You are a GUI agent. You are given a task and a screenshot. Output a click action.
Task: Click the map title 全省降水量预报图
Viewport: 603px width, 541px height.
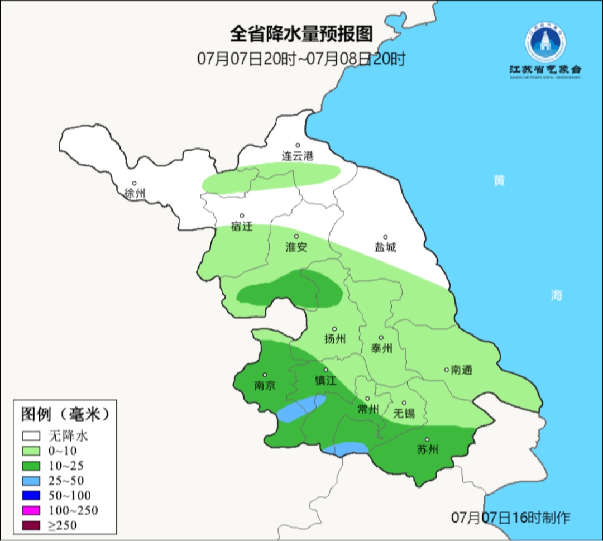click(x=301, y=35)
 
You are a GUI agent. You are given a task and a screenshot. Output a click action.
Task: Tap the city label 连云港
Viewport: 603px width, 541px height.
click(x=297, y=157)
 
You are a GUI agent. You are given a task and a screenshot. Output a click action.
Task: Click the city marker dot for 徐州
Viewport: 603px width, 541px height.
click(x=134, y=183)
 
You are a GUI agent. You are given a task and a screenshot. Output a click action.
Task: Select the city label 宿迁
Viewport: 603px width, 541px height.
click(x=242, y=227)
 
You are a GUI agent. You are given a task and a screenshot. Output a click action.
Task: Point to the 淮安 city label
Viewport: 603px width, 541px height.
click(x=296, y=247)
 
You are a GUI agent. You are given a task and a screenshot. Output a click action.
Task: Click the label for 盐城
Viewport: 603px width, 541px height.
click(x=385, y=247)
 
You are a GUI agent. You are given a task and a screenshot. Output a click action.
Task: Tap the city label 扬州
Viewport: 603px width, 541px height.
click(x=335, y=339)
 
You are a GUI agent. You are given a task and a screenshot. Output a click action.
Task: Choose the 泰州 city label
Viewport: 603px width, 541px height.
click(x=381, y=348)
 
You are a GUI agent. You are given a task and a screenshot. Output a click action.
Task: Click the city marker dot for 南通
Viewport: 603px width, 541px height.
click(x=446, y=369)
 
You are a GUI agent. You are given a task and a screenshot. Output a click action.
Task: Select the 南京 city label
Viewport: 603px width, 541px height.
click(x=265, y=386)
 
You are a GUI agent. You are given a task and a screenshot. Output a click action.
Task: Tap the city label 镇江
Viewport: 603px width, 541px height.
click(x=326, y=381)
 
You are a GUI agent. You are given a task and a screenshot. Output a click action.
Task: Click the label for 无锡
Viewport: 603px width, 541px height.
click(x=404, y=413)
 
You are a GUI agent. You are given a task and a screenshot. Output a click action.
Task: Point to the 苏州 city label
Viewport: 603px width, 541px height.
click(x=428, y=450)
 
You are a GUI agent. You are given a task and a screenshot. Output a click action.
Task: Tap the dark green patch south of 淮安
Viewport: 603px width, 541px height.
click(x=290, y=290)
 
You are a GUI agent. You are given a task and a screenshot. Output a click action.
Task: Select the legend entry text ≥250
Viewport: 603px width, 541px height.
click(x=63, y=525)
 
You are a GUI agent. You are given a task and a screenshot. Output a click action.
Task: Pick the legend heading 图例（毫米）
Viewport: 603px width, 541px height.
click(x=64, y=414)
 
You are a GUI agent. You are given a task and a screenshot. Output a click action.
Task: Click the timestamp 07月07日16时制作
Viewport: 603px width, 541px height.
click(x=511, y=517)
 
